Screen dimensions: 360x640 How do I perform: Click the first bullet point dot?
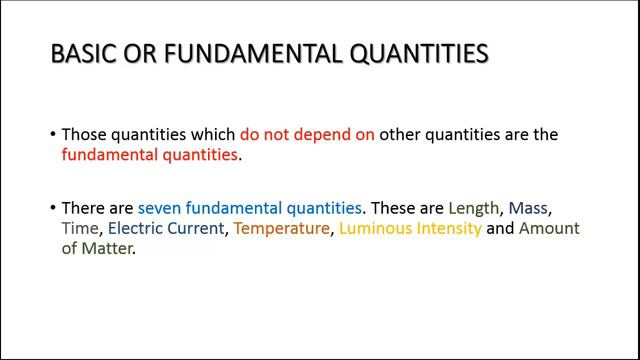(x=52, y=134)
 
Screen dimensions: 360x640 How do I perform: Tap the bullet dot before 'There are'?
(x=52, y=208)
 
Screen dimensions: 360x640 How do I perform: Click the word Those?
(x=85, y=133)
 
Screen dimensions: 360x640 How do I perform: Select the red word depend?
(x=303, y=133)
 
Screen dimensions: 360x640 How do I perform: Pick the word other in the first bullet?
(x=403, y=133)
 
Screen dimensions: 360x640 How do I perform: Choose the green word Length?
(x=473, y=208)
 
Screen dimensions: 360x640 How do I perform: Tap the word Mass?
(x=530, y=208)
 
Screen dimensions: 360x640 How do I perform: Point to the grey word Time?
(x=80, y=229)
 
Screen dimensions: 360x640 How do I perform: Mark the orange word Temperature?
(x=281, y=230)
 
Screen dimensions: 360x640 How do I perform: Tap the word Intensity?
(x=446, y=230)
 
